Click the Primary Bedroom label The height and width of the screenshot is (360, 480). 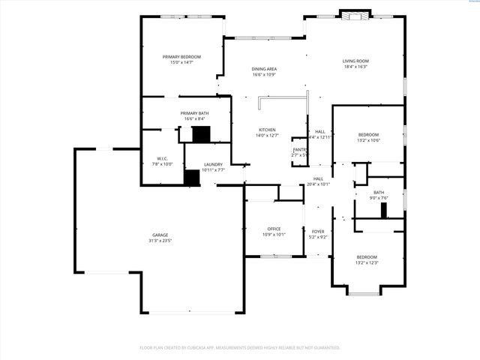click(x=182, y=57)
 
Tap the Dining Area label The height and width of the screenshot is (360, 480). click(x=264, y=69)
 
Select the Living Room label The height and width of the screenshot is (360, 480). click(x=356, y=61)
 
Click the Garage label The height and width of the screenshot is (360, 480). click(x=160, y=235)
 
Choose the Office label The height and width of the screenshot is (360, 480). click(x=274, y=229)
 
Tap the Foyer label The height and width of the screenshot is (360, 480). click(x=318, y=232)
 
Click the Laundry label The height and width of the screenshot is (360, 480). click(x=213, y=164)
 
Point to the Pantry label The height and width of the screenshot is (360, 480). click(x=299, y=150)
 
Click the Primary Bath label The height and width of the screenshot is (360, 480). click(x=194, y=113)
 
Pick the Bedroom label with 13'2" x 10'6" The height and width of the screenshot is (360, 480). click(x=367, y=135)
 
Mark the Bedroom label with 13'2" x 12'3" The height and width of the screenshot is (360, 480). click(x=367, y=257)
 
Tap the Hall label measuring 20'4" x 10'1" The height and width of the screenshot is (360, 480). click(x=318, y=178)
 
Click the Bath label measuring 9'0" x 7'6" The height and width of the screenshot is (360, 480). click(x=379, y=193)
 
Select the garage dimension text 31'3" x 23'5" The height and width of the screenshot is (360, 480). click(x=160, y=241)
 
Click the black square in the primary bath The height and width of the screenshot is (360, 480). click(x=201, y=134)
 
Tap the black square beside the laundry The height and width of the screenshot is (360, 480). click(x=192, y=178)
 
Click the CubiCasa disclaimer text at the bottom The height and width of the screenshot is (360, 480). click(x=240, y=348)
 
